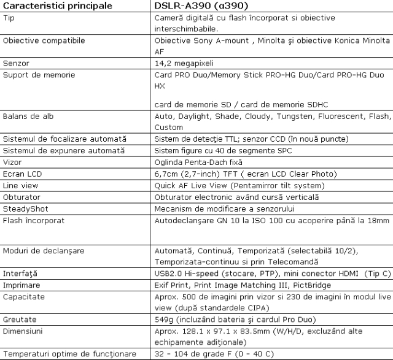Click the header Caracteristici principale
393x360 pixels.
point(57,6)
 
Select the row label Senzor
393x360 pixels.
point(17,63)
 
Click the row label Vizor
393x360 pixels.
point(14,162)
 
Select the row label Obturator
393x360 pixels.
point(22,197)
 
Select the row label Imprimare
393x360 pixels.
point(21,285)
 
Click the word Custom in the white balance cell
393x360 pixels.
point(168,127)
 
